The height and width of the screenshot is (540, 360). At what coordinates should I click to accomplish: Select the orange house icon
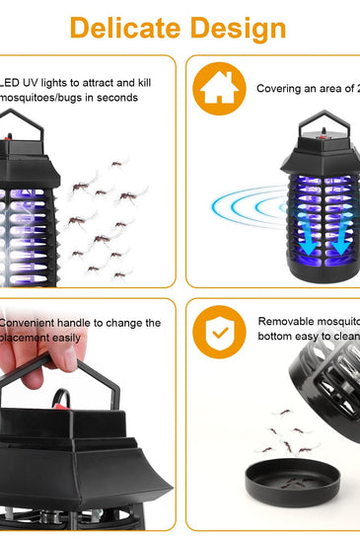[x=219, y=88]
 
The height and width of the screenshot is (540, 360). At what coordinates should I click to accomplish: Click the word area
[x=332, y=89]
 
